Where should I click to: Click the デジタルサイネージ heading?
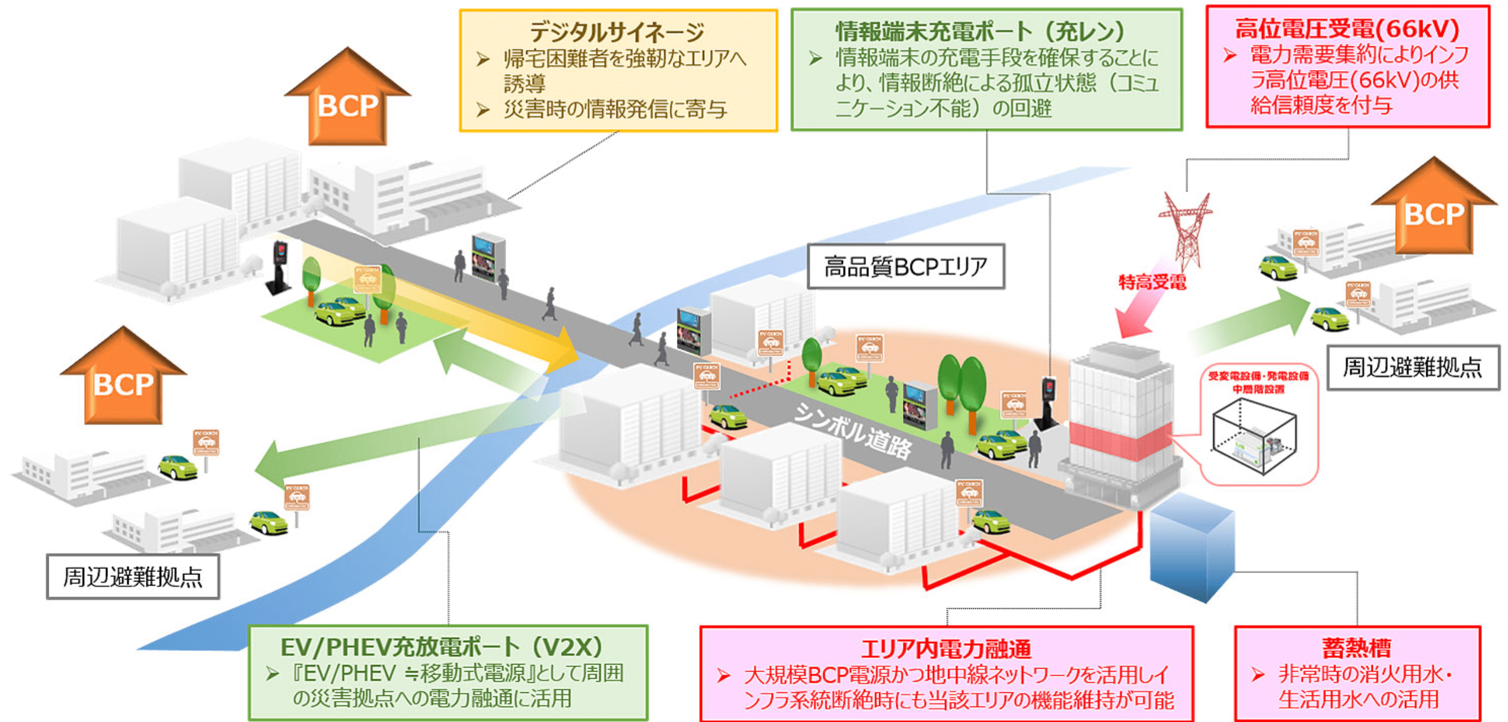(x=617, y=31)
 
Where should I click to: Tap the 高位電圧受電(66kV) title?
(x=1347, y=28)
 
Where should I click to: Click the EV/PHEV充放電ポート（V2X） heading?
(x=442, y=647)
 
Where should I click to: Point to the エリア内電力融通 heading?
(x=946, y=649)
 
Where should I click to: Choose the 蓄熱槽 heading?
(x=1356, y=648)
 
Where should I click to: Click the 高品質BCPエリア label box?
(x=906, y=267)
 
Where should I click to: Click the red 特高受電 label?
(x=1152, y=282)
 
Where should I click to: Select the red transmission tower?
(x=1186, y=231)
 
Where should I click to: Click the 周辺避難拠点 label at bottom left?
(x=133, y=576)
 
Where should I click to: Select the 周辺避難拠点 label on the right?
(x=1413, y=368)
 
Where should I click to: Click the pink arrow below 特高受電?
(x=1138, y=314)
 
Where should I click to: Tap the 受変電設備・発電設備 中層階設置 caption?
(x=1258, y=383)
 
